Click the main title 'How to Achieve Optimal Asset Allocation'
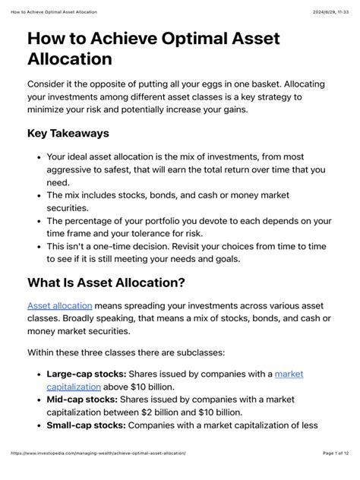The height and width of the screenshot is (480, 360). (x=153, y=48)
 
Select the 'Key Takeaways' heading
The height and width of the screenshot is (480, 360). (x=68, y=133)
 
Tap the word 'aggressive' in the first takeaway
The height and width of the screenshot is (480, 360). (x=74, y=170)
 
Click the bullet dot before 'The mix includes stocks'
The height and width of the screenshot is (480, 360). (x=39, y=195)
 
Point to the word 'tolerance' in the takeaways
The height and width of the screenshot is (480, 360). (x=182, y=233)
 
